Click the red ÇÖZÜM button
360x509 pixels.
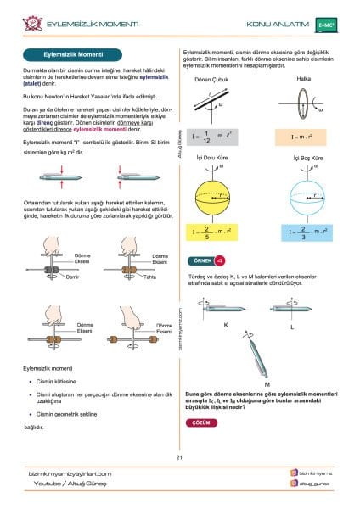(200, 422)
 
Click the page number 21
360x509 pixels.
(180, 458)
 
